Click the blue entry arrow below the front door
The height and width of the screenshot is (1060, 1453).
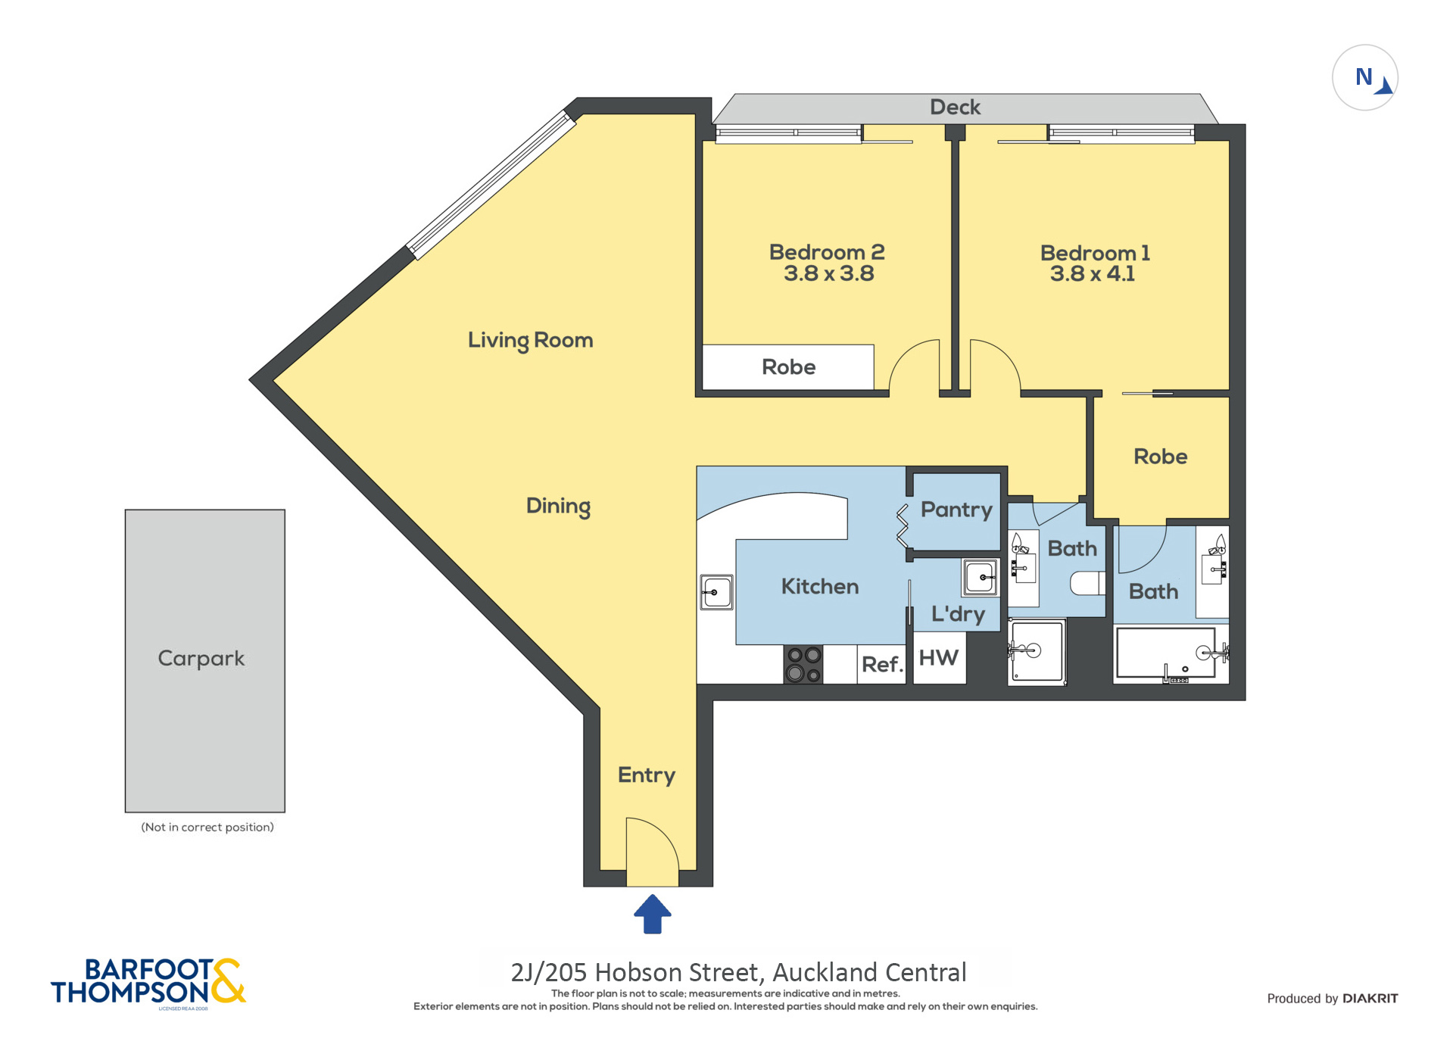652,915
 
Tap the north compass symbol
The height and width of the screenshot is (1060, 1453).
1364,78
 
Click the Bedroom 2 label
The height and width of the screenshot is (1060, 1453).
827,252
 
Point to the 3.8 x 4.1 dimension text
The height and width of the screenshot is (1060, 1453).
1092,274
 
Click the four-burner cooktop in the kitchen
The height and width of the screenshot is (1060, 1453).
803,665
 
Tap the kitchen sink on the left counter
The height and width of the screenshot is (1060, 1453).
716,592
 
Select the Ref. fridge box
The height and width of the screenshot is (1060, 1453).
881,665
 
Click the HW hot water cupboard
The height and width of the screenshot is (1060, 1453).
939,659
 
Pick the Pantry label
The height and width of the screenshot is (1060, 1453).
956,510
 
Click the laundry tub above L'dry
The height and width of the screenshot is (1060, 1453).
981,578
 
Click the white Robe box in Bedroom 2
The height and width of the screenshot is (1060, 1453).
788,367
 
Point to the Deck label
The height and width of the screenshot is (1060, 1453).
955,108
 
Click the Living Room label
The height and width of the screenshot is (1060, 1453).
530,340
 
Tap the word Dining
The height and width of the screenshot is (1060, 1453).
558,506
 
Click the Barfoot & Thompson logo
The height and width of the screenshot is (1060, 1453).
148,982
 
